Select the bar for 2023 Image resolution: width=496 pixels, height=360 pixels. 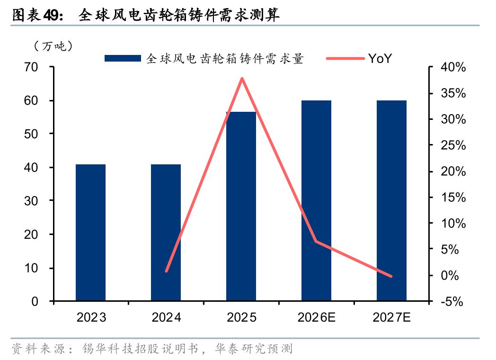[x=90, y=232]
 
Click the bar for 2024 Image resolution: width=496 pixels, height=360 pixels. [x=166, y=232]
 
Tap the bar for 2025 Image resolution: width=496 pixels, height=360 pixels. [x=241, y=206]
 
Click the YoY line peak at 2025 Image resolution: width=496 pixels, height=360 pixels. [x=241, y=79]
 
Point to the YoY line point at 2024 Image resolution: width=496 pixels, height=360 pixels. [x=166, y=271]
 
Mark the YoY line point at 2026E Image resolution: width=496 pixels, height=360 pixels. [x=316, y=242]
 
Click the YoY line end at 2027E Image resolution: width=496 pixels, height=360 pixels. [x=391, y=276]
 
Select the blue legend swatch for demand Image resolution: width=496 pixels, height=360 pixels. [x=123, y=58]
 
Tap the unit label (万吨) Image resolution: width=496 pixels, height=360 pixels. [x=53, y=46]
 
